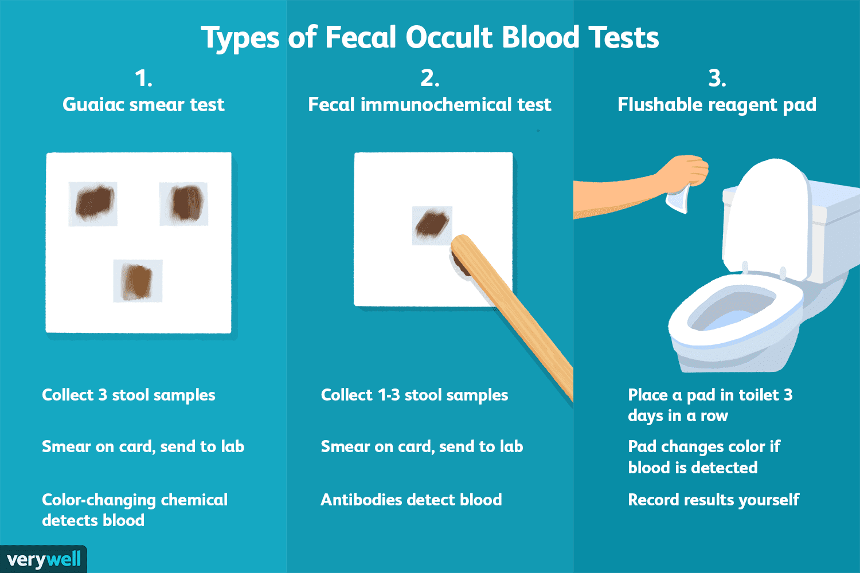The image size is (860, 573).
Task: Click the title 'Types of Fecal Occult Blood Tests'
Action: pos(430,38)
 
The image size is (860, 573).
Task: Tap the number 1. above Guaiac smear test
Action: pos(143,79)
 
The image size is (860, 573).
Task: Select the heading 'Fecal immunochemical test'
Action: pos(429,105)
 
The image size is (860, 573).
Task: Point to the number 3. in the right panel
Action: pos(717,79)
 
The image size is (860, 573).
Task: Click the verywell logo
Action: pos(44,560)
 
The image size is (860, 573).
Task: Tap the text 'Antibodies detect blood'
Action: pos(411,500)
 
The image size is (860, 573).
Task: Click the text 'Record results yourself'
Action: pos(714,500)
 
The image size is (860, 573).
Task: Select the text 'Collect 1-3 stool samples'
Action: pos(415,395)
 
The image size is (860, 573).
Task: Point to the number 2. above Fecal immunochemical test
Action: pos(430,79)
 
